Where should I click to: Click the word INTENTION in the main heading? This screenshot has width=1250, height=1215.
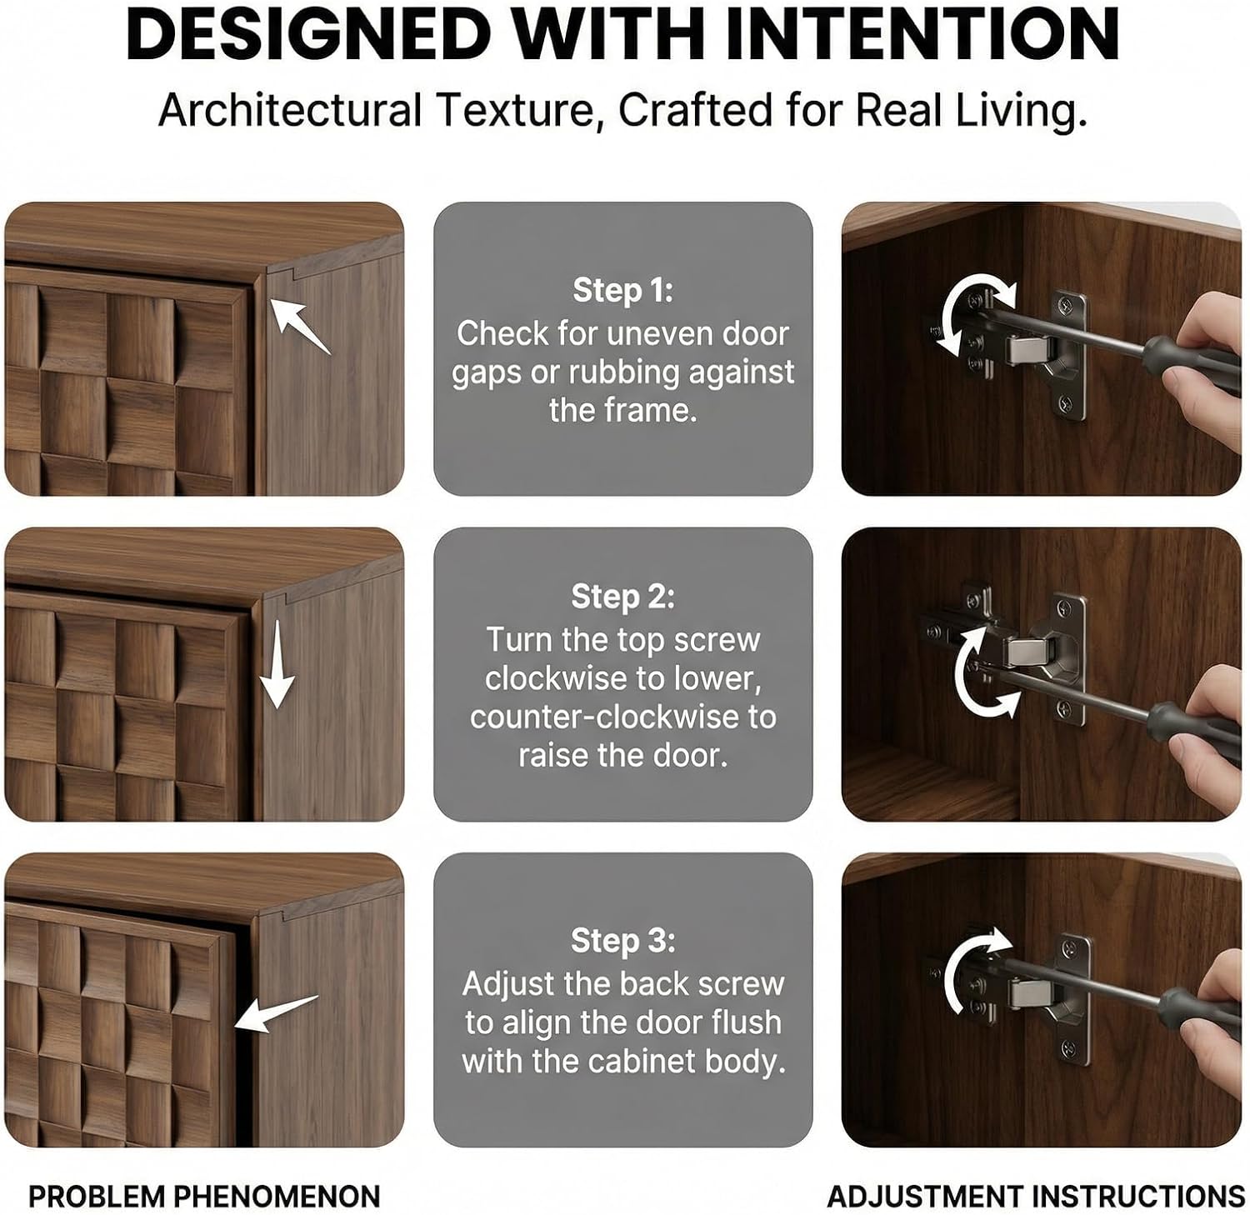click(922, 34)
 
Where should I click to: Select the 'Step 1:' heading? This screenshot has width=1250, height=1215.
click(622, 290)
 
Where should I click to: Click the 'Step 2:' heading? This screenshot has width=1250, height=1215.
click(622, 597)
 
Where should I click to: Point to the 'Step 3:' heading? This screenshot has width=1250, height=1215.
click(622, 940)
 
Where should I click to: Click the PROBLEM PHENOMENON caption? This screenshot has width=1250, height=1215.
click(204, 1197)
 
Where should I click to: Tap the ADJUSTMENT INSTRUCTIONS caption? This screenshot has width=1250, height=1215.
click(1036, 1197)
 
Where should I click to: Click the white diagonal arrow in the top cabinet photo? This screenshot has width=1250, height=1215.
click(300, 327)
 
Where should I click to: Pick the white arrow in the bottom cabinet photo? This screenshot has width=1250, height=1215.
click(276, 1013)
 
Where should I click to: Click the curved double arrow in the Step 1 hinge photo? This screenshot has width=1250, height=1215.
click(971, 315)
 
